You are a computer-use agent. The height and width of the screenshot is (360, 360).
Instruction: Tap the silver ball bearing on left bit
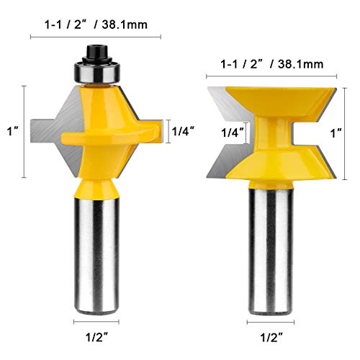click(x=96, y=72)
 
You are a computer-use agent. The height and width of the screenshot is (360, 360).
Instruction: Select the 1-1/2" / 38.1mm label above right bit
click(x=271, y=63)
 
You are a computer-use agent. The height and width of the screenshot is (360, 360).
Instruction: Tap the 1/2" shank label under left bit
click(x=96, y=336)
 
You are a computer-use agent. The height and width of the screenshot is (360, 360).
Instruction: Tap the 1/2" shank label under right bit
click(x=270, y=336)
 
